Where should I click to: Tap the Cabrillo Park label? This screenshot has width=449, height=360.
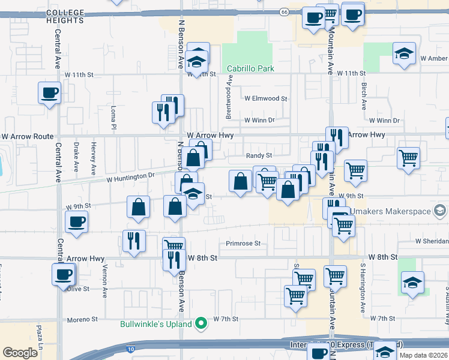click(x=249, y=69)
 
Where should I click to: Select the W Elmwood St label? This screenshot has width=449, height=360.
click(x=266, y=98)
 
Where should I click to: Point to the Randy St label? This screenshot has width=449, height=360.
click(x=259, y=155)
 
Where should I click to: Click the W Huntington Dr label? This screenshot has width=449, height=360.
click(x=130, y=177)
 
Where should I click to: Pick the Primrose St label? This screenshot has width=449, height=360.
click(x=243, y=244)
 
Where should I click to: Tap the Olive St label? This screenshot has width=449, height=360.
click(x=78, y=289)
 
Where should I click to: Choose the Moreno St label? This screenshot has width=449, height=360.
click(x=82, y=319)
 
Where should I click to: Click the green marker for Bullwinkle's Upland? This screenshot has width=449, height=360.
click(x=202, y=325)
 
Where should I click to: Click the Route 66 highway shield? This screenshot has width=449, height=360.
click(x=284, y=11)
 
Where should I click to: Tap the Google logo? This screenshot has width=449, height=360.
click(x=20, y=353)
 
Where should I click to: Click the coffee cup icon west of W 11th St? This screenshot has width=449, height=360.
click(x=49, y=94)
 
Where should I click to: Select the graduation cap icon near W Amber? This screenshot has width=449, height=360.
click(x=404, y=54)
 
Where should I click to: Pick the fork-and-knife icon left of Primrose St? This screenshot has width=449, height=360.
click(x=133, y=241)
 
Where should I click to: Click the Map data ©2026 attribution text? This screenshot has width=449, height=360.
click(x=423, y=355)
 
